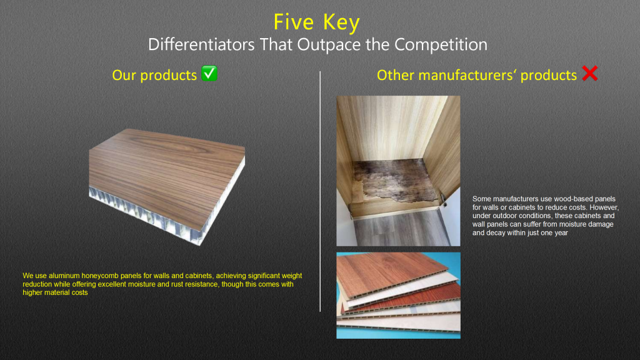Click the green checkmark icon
click(209, 74)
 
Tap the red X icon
click(589, 74)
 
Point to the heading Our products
click(154, 76)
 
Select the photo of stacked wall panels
click(398, 295)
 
